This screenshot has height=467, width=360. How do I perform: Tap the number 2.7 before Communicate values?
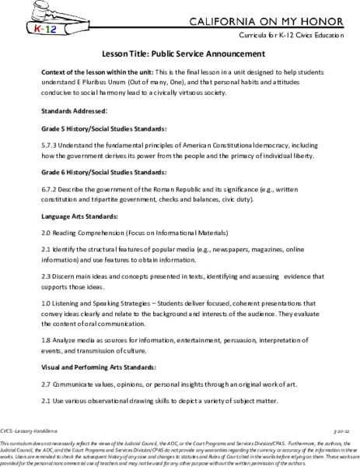[x=47, y=391]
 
